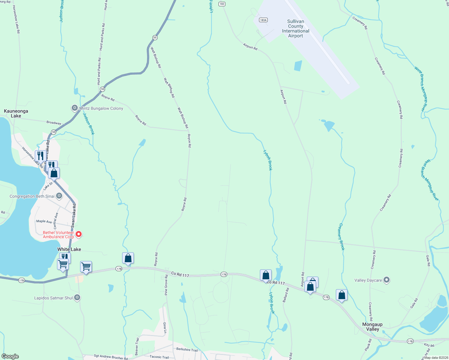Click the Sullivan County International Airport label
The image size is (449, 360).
click(295, 28)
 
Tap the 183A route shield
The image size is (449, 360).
click(263, 20)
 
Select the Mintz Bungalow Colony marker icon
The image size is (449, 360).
click(74, 108)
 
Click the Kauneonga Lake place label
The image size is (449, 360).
click(16, 113)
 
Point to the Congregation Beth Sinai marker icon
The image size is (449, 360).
click(59, 196)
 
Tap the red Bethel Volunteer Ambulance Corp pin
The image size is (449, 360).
click(79, 234)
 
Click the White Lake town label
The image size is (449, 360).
click(69, 249)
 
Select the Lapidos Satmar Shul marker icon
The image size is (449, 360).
click(77, 298)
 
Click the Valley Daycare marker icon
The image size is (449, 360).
click(387, 280)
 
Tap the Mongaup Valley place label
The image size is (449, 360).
click(372, 327)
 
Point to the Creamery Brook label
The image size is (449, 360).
click(342, 237)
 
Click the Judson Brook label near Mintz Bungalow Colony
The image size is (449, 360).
click(89, 124)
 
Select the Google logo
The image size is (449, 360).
click(10, 356)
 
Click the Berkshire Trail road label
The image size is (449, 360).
click(187, 349)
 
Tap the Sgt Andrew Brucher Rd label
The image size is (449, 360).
click(111, 357)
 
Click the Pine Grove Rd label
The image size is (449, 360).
click(166, 285)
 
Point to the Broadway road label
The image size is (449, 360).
click(54, 123)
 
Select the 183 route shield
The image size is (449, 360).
click(222, 4)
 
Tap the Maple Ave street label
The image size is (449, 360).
click(44, 221)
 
